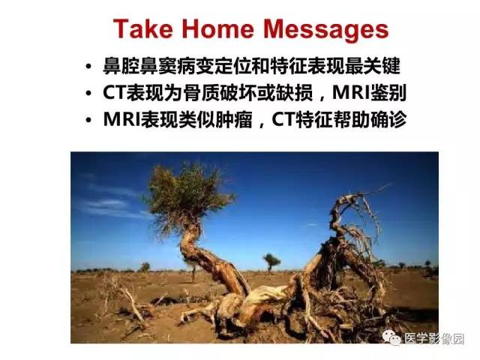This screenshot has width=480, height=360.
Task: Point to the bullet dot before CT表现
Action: [90, 94]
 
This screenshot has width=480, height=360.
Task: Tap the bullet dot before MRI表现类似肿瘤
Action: [90, 120]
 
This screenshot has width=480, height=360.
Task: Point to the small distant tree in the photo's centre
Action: [271, 260]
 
